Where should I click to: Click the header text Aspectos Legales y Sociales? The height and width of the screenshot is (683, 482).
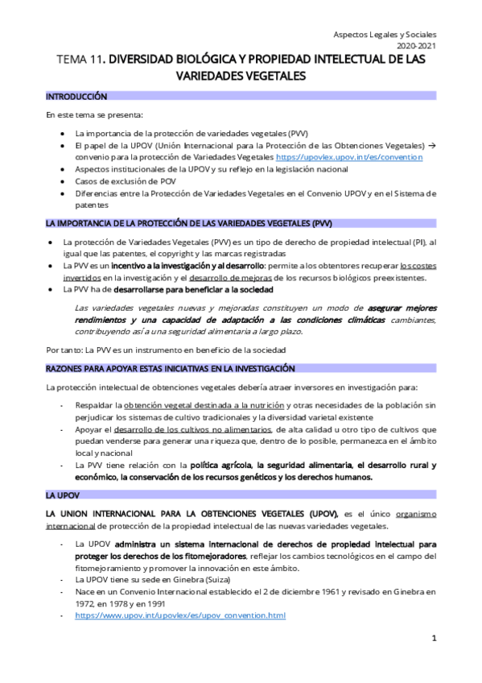[385, 35]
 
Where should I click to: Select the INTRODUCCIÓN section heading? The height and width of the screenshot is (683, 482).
[76, 96]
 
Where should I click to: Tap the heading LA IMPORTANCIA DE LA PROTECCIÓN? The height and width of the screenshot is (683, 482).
[188, 223]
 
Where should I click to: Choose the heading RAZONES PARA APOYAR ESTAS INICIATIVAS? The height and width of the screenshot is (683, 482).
[170, 368]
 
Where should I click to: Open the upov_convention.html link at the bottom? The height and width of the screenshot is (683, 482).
[179, 615]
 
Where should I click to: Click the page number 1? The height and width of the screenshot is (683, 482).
[434, 639]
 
